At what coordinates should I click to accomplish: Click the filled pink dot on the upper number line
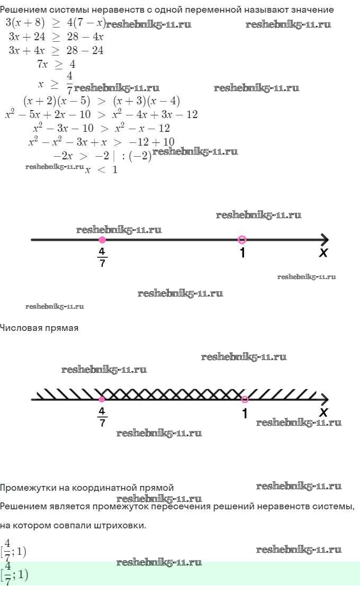pyautogui.click(x=102, y=240)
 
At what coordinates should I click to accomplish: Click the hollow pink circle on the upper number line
pyautogui.click(x=242, y=240)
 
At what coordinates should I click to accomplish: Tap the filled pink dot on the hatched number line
pyautogui.click(x=102, y=400)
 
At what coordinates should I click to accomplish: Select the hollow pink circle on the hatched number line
pyautogui.click(x=245, y=400)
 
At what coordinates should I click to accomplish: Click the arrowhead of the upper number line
pyautogui.click(x=325, y=240)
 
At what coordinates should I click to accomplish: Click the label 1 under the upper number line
pyautogui.click(x=242, y=253)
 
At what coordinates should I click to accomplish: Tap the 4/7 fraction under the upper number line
pyautogui.click(x=102, y=257)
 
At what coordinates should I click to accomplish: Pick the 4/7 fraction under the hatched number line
pyautogui.click(x=102, y=417)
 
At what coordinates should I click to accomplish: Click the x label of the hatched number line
pyautogui.click(x=323, y=412)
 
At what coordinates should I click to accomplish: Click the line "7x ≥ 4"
pyautogui.click(x=56, y=64)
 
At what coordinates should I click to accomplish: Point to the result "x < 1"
pyautogui.click(x=101, y=169)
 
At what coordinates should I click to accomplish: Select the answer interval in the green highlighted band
pyautogui.click(x=15, y=574)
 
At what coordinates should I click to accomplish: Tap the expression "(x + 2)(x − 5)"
pyautogui.click(x=57, y=101)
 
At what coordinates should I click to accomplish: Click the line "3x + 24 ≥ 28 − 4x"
pyautogui.click(x=56, y=37)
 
